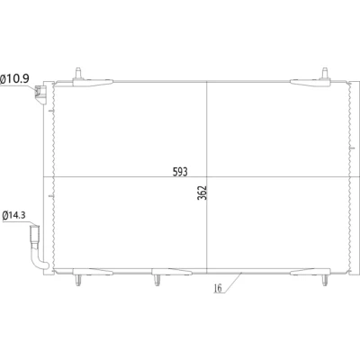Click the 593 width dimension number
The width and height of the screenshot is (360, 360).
[180, 172]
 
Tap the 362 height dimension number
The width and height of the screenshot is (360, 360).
[202, 193]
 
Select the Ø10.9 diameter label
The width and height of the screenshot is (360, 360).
[14, 79]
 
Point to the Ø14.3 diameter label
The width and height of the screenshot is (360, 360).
[13, 216]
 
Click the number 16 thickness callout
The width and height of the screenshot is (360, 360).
[218, 288]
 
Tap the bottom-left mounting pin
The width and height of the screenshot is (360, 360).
[78, 280]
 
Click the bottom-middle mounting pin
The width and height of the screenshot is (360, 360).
[157, 280]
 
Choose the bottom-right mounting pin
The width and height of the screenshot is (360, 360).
[325, 280]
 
